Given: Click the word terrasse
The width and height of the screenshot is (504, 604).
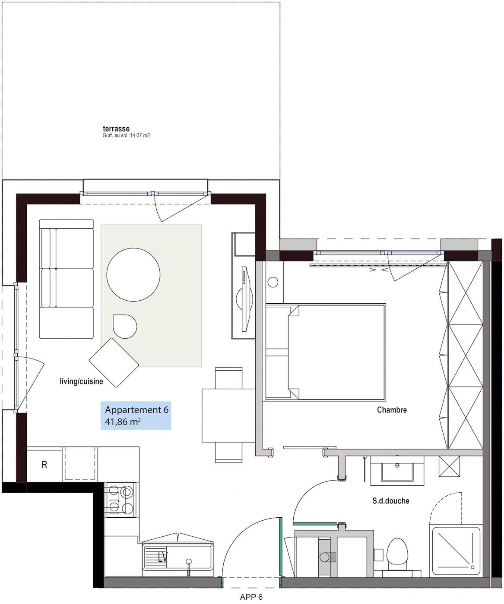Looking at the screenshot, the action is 116,129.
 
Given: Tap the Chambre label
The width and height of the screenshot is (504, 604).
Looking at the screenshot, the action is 392,409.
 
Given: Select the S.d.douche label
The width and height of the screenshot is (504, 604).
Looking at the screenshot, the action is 391,501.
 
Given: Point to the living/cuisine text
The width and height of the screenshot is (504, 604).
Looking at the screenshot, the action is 81,381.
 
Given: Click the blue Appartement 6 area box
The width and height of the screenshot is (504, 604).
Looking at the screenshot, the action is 136,415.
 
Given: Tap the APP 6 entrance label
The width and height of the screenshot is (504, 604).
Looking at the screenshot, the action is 251,597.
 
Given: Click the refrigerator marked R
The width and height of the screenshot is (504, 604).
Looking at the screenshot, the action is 44,465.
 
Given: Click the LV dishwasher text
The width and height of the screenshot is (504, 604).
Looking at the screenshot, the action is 162,557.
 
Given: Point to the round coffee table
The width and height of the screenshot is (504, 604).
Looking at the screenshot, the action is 133,274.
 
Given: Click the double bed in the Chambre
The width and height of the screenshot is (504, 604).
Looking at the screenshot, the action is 326,352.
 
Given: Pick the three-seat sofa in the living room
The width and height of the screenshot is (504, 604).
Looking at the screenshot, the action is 67,279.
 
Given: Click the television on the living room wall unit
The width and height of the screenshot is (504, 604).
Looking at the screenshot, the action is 246,299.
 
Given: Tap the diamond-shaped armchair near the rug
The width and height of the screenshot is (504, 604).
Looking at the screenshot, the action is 114,362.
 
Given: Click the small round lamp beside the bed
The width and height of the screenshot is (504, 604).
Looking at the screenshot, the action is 273,282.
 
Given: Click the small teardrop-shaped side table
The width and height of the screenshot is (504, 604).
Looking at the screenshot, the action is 124,326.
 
